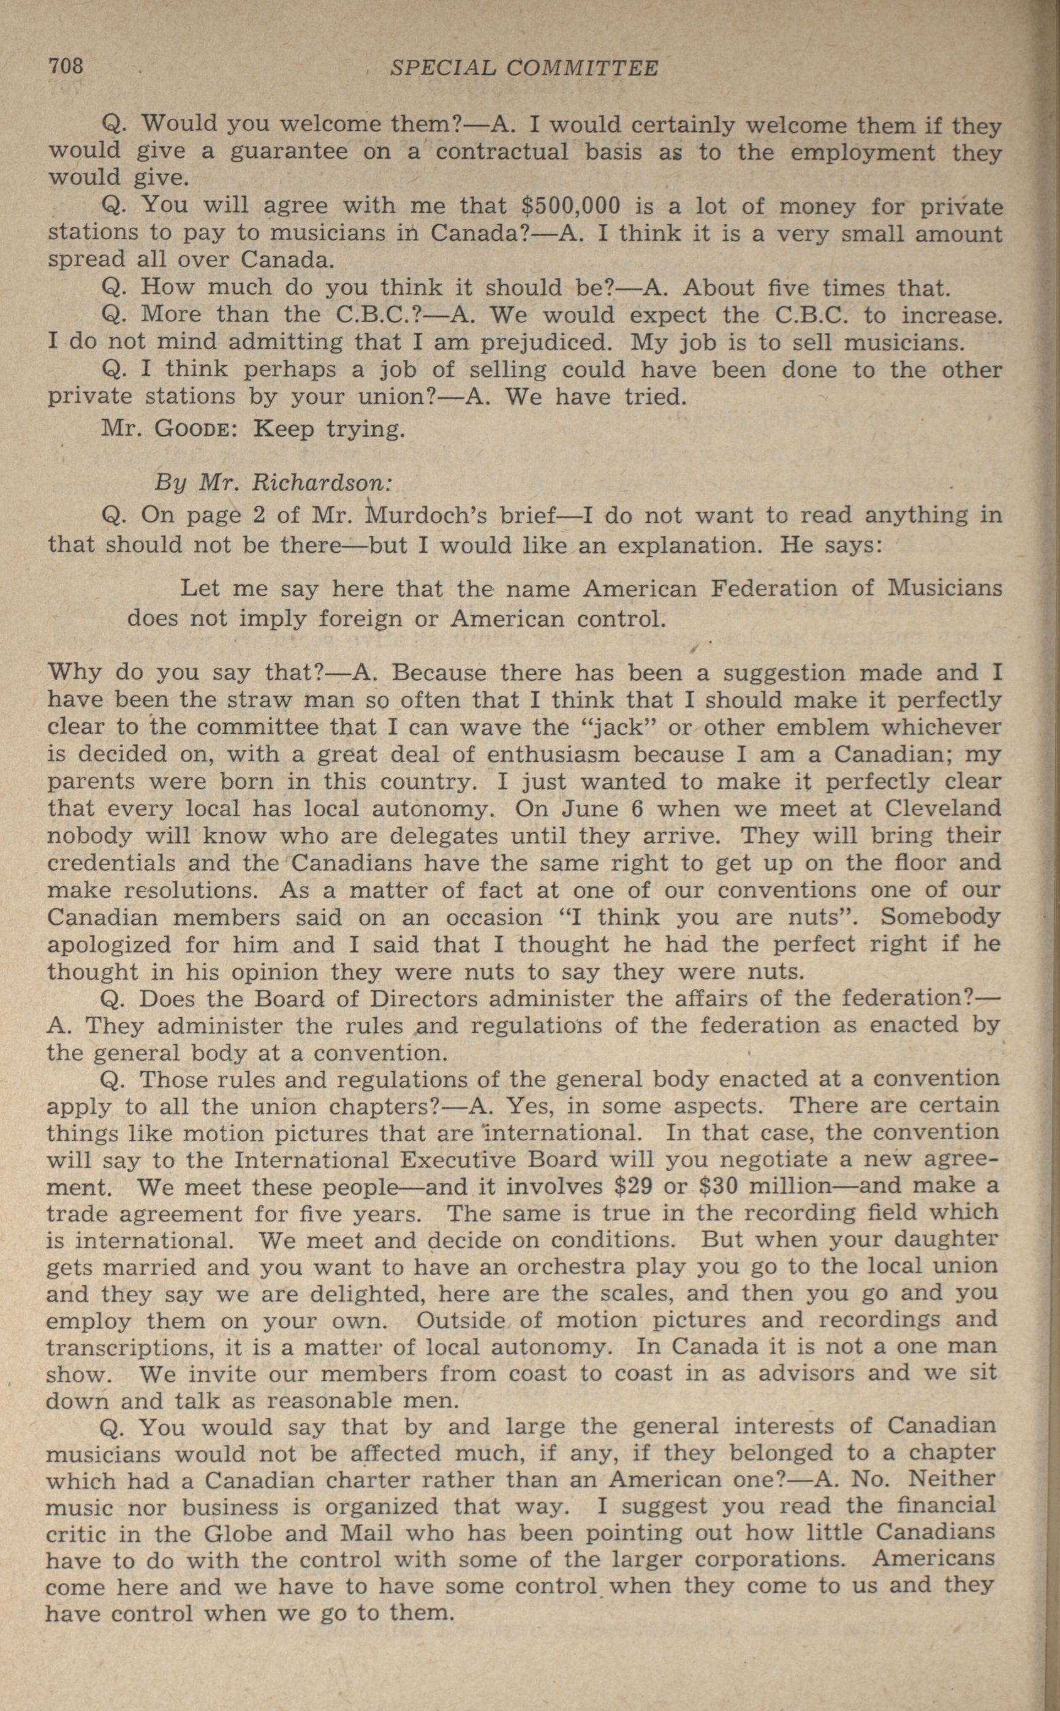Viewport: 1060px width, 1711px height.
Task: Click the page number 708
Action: pyautogui.click(x=66, y=67)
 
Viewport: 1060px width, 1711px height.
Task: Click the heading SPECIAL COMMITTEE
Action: pyautogui.click(x=524, y=68)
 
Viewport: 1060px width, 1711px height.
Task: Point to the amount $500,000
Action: pyautogui.click(x=572, y=205)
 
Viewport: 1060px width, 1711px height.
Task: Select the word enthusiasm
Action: pyautogui.click(x=554, y=754)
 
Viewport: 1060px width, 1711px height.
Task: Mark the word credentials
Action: pyautogui.click(x=107, y=862)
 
